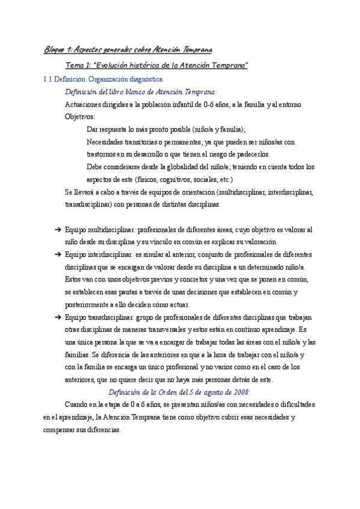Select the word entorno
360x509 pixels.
coord(290,104)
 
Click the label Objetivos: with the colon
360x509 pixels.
coord(80,117)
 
